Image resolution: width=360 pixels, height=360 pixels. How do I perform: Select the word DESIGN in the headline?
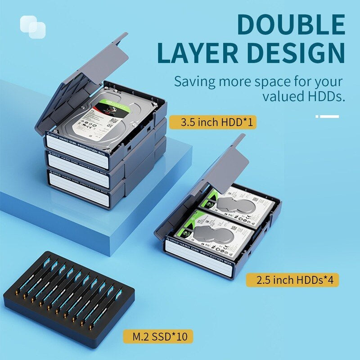[295, 54]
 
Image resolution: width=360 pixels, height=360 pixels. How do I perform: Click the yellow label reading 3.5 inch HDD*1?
[212, 122]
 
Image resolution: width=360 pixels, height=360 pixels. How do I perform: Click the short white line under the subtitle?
[328, 117]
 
